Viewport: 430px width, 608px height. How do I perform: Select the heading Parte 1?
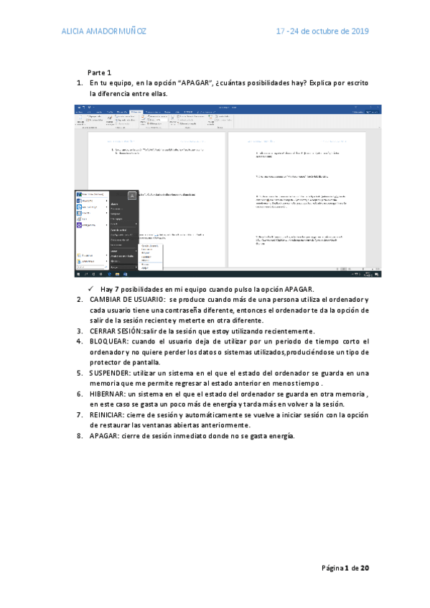(x=99, y=73)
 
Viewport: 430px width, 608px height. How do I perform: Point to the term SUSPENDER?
(x=113, y=374)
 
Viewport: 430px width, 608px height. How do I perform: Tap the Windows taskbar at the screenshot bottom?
(x=215, y=274)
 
